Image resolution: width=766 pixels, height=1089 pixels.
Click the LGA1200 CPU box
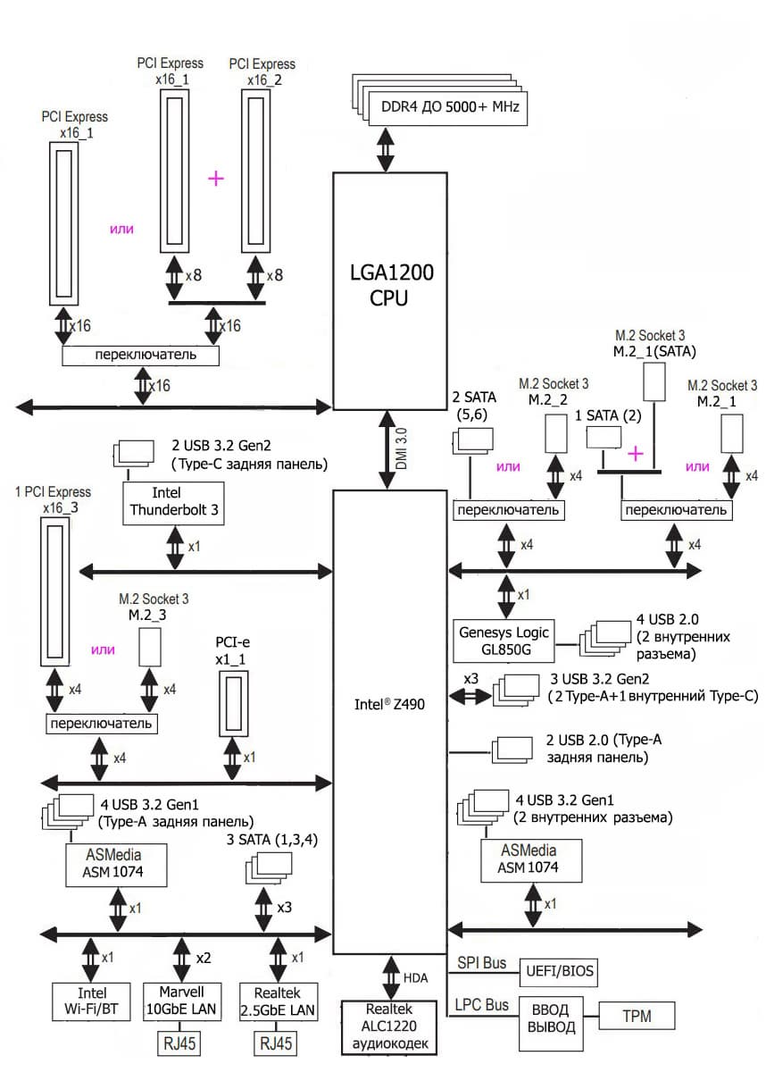[389, 290]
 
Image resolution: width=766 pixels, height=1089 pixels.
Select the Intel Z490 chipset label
[389, 704]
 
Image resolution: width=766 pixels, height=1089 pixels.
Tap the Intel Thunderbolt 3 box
[173, 503]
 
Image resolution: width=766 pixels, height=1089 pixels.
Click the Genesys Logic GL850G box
[504, 641]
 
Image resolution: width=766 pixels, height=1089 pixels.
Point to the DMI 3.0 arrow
[387, 449]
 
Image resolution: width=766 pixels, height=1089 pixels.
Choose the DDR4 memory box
[448, 108]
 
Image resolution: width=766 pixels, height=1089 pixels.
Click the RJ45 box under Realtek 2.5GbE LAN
[276, 1043]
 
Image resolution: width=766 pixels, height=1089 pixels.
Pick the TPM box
[637, 1016]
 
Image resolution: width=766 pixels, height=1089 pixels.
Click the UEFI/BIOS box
[559, 972]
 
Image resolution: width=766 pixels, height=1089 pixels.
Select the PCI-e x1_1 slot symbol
[234, 703]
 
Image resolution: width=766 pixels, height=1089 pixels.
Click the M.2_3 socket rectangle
[150, 647]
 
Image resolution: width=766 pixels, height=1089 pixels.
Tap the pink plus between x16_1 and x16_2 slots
[216, 179]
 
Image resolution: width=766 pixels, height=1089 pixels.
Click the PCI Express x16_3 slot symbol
[54, 591]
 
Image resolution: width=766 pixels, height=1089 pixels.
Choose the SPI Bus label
[481, 963]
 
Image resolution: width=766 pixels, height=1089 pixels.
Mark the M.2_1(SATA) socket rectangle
[654, 382]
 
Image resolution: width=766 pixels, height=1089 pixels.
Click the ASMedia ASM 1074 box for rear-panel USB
[116, 865]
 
